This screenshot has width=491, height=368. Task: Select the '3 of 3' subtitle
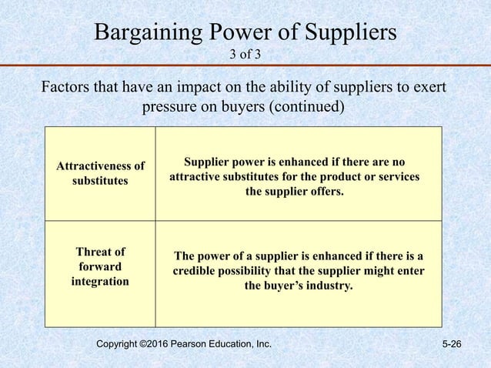click(x=245, y=54)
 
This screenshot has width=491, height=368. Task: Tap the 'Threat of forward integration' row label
click(x=100, y=266)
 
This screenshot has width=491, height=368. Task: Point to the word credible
click(x=195, y=272)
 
